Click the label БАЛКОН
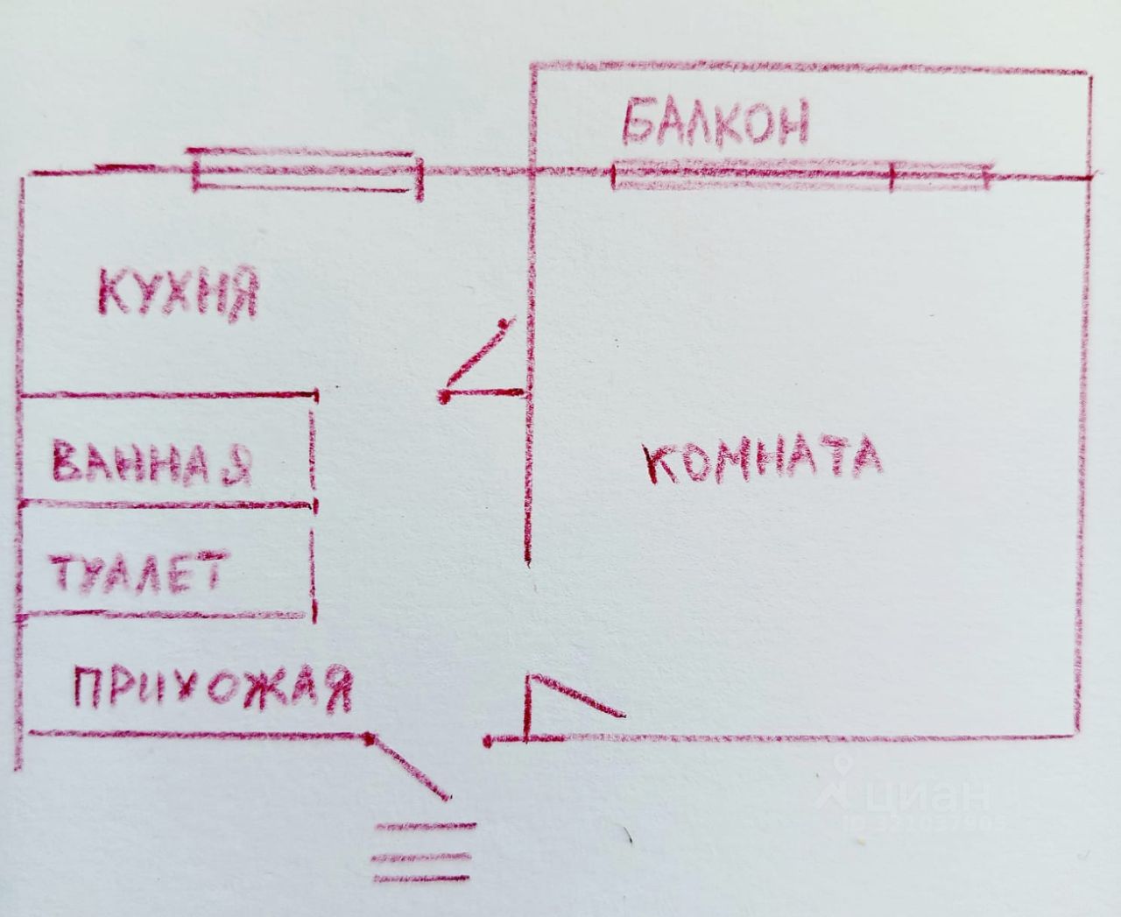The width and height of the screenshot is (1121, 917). click(716, 123)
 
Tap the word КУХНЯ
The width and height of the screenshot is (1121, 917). click(178, 293)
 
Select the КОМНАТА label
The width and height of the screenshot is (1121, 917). click(763, 459)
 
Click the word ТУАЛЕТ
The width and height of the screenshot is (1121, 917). click(138, 572)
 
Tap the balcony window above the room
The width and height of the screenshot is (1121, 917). click(801, 175)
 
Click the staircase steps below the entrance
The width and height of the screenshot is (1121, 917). click(424, 852)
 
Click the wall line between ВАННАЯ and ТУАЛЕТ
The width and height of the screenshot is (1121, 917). click(166, 504)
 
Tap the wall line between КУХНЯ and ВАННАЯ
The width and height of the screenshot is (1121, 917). click(166, 396)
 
